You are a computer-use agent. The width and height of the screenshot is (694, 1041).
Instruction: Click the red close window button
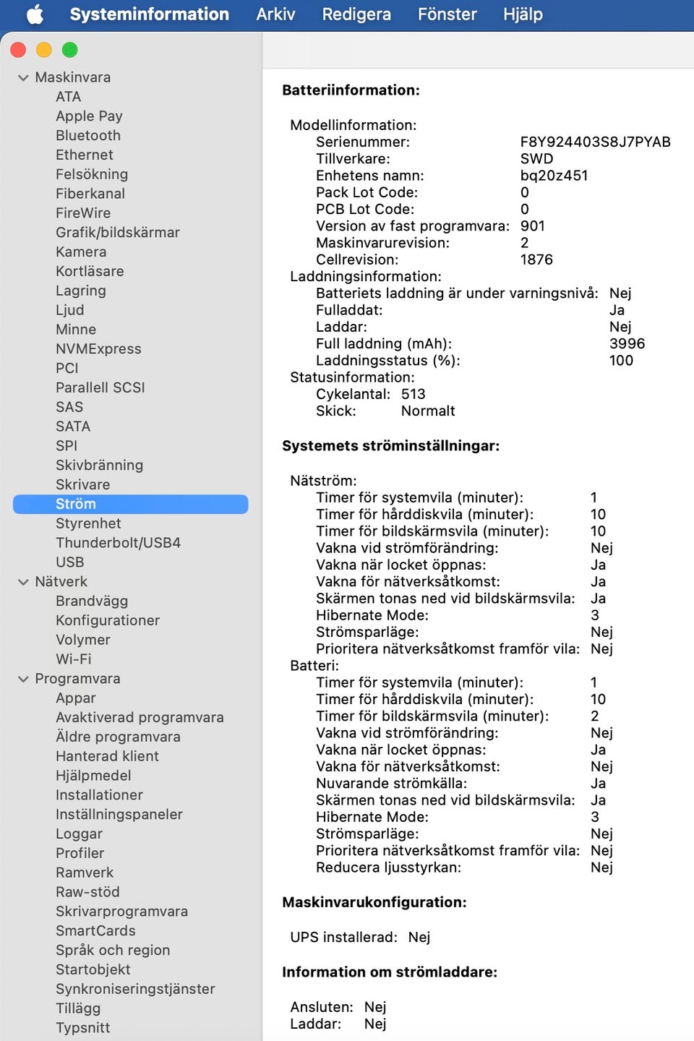[18, 50]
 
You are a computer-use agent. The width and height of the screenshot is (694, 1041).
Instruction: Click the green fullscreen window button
[70, 50]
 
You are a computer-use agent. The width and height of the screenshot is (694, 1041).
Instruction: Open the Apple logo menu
[35, 14]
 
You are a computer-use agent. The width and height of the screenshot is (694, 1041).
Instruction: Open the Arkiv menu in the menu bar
[275, 14]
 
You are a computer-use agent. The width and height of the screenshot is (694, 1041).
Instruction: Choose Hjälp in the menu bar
[523, 14]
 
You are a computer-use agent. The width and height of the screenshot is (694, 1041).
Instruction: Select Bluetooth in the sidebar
[88, 135]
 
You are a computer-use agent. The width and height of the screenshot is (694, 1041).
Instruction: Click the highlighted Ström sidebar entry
[76, 504]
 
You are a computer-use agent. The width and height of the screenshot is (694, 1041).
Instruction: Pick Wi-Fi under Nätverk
[74, 659]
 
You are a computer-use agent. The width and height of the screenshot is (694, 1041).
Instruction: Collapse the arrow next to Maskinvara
[23, 77]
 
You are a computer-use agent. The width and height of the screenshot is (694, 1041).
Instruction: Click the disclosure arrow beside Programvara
[23, 679]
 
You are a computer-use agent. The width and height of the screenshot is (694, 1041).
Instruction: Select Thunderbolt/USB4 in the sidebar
[118, 542]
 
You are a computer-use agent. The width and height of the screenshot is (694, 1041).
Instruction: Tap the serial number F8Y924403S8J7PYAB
[595, 142]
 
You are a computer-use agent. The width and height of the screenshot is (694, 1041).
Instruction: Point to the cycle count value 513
[414, 394]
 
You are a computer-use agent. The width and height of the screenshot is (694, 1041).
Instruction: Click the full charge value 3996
[627, 343]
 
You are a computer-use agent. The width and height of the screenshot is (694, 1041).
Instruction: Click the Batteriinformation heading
[351, 90]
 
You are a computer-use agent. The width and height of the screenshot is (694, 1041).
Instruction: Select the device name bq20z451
[554, 176]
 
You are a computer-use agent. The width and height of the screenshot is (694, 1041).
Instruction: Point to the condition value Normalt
[428, 411]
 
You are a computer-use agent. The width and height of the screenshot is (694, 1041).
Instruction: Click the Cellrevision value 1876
[536, 260]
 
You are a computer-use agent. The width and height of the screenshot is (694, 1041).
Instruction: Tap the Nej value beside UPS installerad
[419, 937]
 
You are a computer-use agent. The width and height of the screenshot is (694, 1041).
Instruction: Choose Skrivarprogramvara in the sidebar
[121, 911]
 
